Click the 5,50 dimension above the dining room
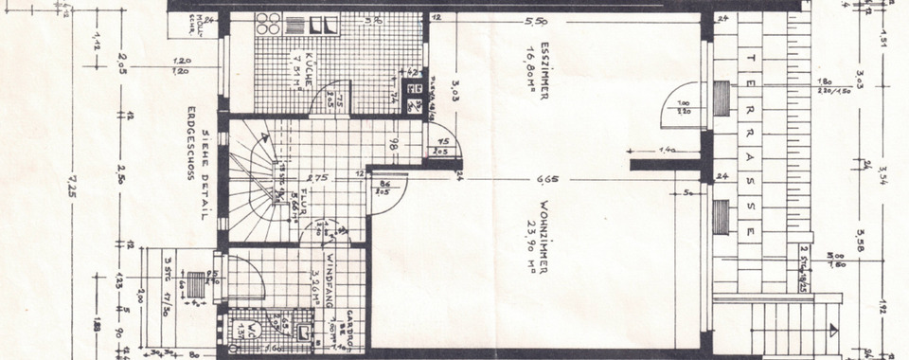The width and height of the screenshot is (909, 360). [x=566, y=22]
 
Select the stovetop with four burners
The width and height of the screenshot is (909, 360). [x=266, y=27]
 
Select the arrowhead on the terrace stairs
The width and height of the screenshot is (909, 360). [x=833, y=330]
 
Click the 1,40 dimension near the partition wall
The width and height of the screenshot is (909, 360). [x=668, y=150]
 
